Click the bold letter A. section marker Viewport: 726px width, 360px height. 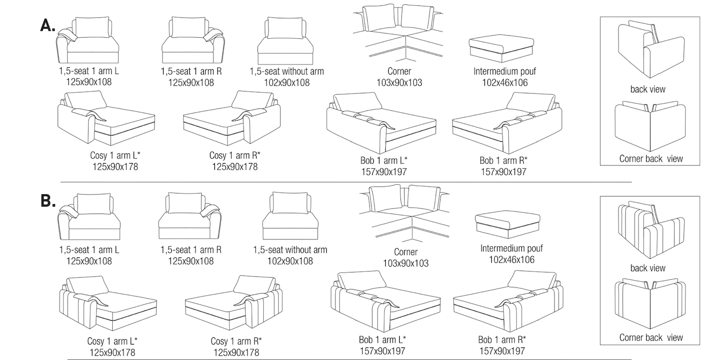pyautogui.click(x=48, y=26)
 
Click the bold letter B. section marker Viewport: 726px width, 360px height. pyautogui.click(x=48, y=201)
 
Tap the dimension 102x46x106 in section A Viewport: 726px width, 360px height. pyautogui.click(x=505, y=83)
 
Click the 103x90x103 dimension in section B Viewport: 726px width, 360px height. pyautogui.click(x=406, y=263)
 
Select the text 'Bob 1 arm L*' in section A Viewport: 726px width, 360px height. pyautogui.click(x=384, y=161)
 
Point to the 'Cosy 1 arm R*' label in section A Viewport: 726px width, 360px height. pyautogui.click(x=235, y=156)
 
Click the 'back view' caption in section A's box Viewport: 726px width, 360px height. pyautogui.click(x=648, y=90)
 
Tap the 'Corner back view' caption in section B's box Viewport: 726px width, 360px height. pyautogui.click(x=651, y=338)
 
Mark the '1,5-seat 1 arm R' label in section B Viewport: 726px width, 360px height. pyautogui.click(x=191, y=250)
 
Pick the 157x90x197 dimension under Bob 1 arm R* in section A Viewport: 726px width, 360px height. pyautogui.click(x=503, y=172)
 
